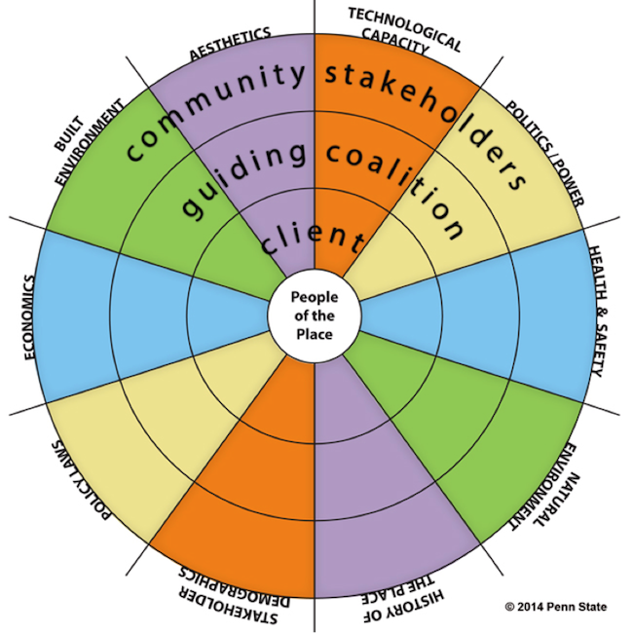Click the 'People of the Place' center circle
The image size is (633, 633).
[x=314, y=316]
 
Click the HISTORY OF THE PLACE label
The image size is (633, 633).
[x=394, y=598]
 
